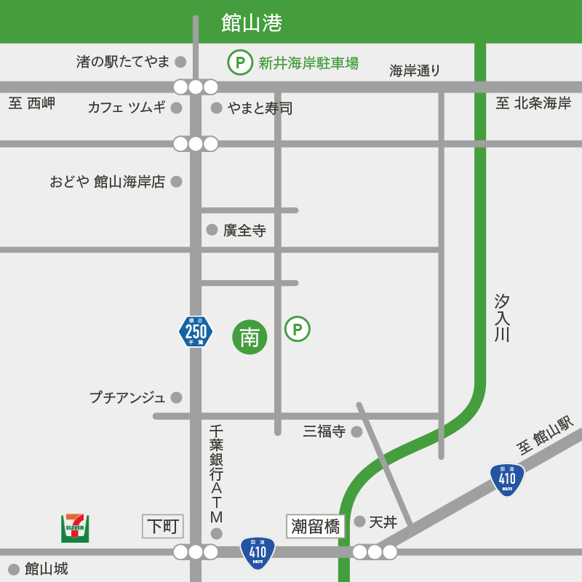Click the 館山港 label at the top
(x=252, y=23)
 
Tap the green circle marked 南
(x=250, y=337)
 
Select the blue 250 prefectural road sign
(x=196, y=332)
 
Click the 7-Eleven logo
(x=75, y=527)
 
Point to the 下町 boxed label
(x=163, y=526)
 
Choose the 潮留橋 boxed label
(x=316, y=526)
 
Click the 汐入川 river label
(x=502, y=318)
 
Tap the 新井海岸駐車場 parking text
(x=308, y=63)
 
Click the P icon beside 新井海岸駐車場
(x=240, y=63)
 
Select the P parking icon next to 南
(x=297, y=329)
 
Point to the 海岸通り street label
(x=415, y=71)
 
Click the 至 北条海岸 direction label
(x=533, y=103)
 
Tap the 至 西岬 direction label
(x=32, y=103)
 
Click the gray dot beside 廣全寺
(x=212, y=230)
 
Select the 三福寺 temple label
(x=324, y=431)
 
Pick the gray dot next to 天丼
(x=359, y=521)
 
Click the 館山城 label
(x=46, y=569)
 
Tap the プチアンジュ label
(x=127, y=397)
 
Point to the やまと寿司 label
(x=260, y=108)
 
